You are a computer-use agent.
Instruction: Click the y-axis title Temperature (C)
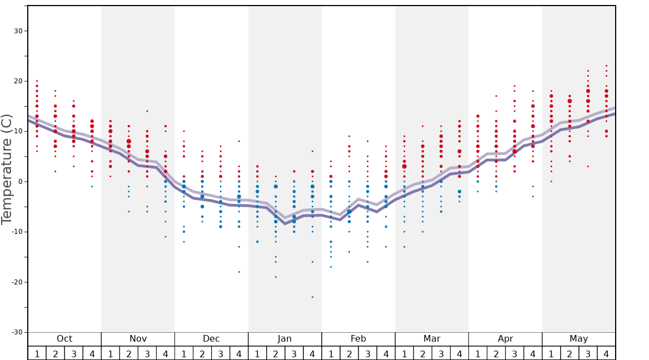point(7,169)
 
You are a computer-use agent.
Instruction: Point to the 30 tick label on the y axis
point(17,31)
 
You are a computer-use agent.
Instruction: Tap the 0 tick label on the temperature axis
point(19,182)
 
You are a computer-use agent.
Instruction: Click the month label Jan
point(284,339)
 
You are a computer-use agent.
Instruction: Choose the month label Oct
point(64,339)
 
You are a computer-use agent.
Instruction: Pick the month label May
point(578,339)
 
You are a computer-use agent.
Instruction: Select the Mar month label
point(432,339)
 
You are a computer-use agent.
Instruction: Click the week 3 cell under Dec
point(221,353)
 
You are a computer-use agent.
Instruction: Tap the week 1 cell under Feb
point(331,353)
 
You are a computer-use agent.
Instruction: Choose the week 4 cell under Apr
point(533,353)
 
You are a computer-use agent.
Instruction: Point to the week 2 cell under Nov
point(129,353)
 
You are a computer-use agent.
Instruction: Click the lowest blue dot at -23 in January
point(312,297)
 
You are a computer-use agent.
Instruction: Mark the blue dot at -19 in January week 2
point(276,277)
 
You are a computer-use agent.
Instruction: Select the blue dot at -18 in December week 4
point(239,272)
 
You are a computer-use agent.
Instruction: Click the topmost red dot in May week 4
point(606,66)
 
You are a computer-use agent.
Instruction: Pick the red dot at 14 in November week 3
point(147,111)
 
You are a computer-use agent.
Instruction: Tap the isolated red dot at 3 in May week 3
point(588,166)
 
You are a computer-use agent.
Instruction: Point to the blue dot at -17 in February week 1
point(331,267)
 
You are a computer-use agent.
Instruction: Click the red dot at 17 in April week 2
point(496,96)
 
